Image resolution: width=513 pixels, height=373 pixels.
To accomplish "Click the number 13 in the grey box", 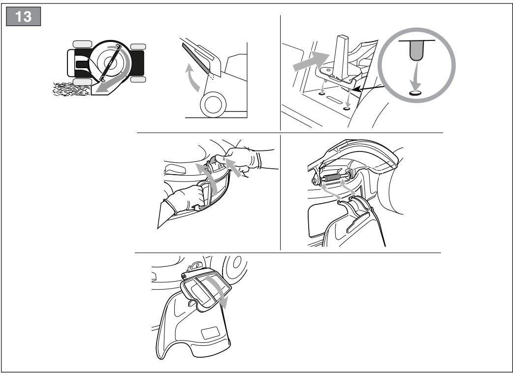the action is (23, 16).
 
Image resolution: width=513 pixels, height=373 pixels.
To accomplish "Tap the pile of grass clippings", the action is (71, 89).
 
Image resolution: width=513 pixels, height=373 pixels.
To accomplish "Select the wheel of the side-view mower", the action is (213, 105).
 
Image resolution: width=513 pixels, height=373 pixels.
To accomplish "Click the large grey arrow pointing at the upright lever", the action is (311, 61).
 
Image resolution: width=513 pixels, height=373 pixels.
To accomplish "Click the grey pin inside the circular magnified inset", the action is (417, 50).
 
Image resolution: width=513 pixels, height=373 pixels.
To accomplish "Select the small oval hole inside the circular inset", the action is (415, 93).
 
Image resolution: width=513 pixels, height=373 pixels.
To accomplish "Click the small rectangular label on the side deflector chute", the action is (210, 333).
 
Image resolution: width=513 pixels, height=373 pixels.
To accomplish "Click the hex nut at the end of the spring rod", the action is (315, 181).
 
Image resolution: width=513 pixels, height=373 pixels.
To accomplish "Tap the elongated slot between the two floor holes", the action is (334, 99).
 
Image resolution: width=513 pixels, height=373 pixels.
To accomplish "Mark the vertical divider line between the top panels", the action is (281, 73).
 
